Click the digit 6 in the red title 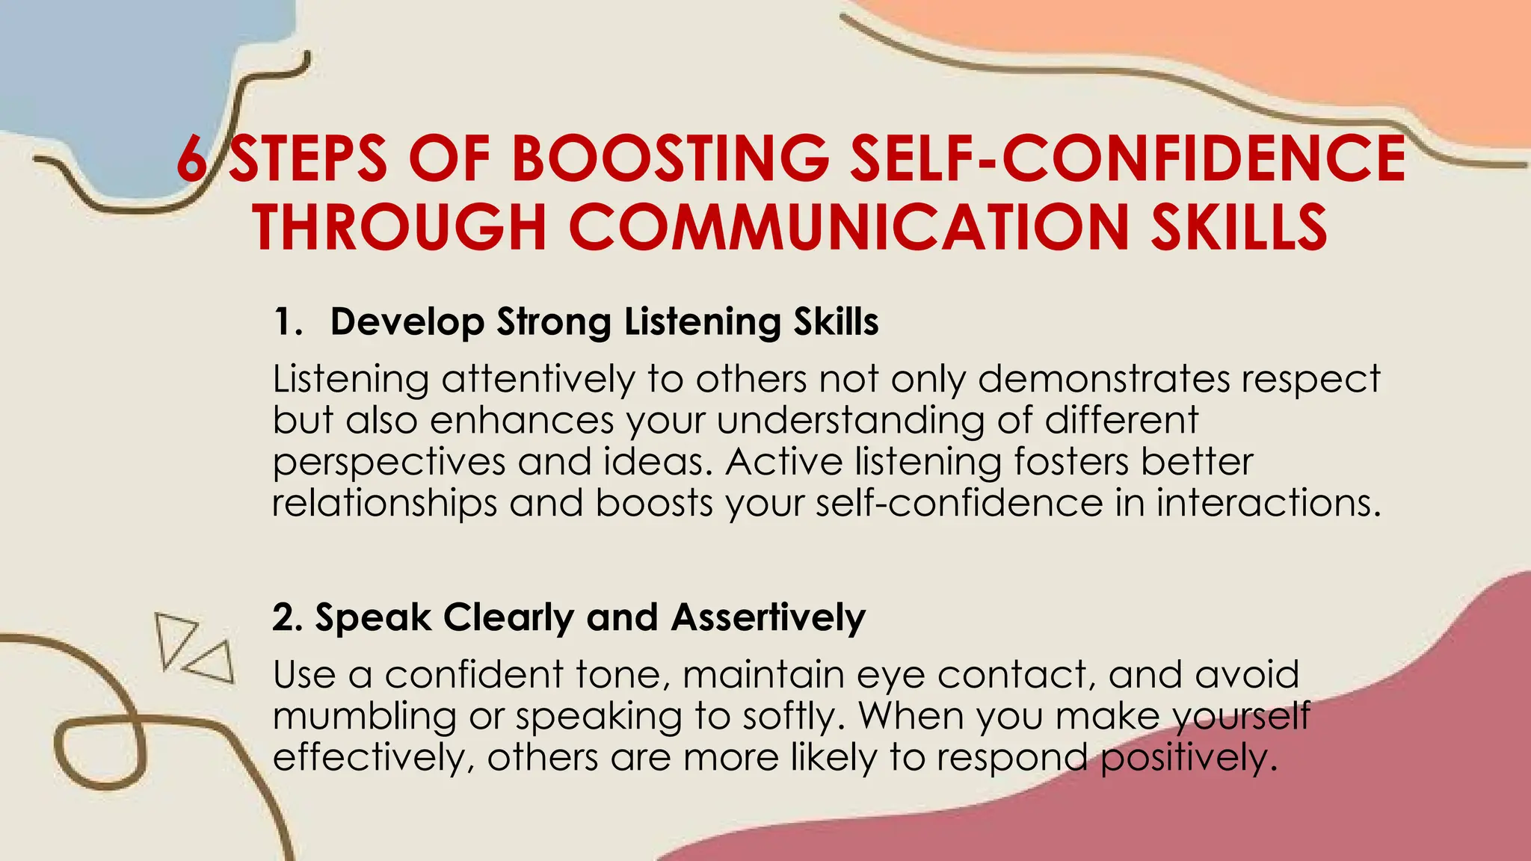click(x=191, y=158)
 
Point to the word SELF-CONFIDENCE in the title click(x=1128, y=158)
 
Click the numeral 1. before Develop click(x=288, y=322)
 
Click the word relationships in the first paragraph click(x=384, y=503)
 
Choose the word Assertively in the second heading click(x=768, y=617)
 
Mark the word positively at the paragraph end click(x=1187, y=759)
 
